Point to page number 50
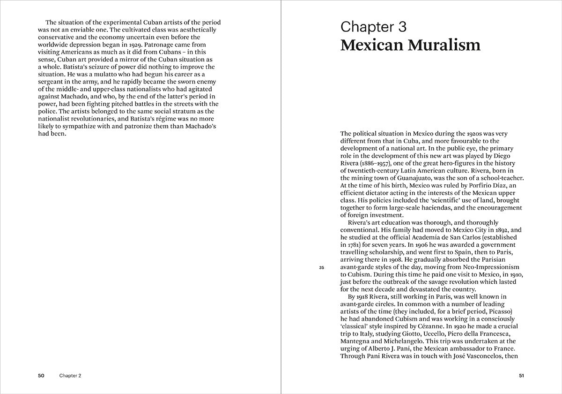(x=41, y=376)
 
